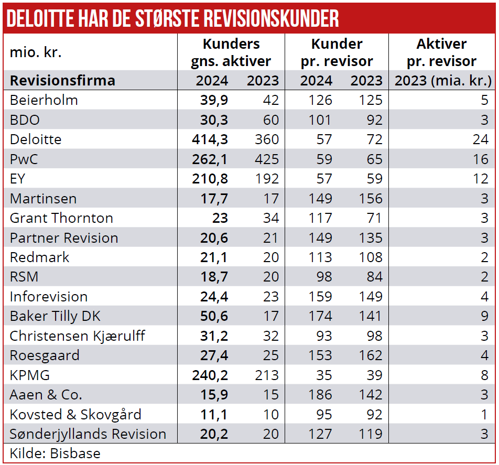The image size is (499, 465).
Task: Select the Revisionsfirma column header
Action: pyautogui.click(x=62, y=81)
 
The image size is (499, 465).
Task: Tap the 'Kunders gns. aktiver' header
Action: pyautogui.click(x=231, y=52)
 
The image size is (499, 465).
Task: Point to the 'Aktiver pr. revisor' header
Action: pyautogui.click(x=441, y=52)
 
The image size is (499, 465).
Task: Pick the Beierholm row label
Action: pyautogui.click(x=44, y=100)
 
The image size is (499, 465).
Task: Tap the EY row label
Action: pyautogui.click(x=17, y=179)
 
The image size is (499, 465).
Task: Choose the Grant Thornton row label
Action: pyautogui.click(x=61, y=218)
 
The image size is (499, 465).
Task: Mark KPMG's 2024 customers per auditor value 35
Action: pyautogui.click(x=323, y=375)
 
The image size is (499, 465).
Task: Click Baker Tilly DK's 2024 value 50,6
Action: pyautogui.click(x=214, y=316)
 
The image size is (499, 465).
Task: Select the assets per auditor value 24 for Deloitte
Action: pyautogui.click(x=480, y=139)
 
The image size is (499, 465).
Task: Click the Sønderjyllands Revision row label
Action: pyautogui.click(x=88, y=434)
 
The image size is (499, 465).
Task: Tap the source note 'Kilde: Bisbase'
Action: pyautogui.click(x=55, y=453)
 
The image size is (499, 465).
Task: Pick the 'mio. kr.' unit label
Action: pyautogui.click(x=36, y=53)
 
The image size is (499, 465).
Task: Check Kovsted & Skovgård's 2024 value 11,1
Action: pyautogui.click(x=214, y=415)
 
